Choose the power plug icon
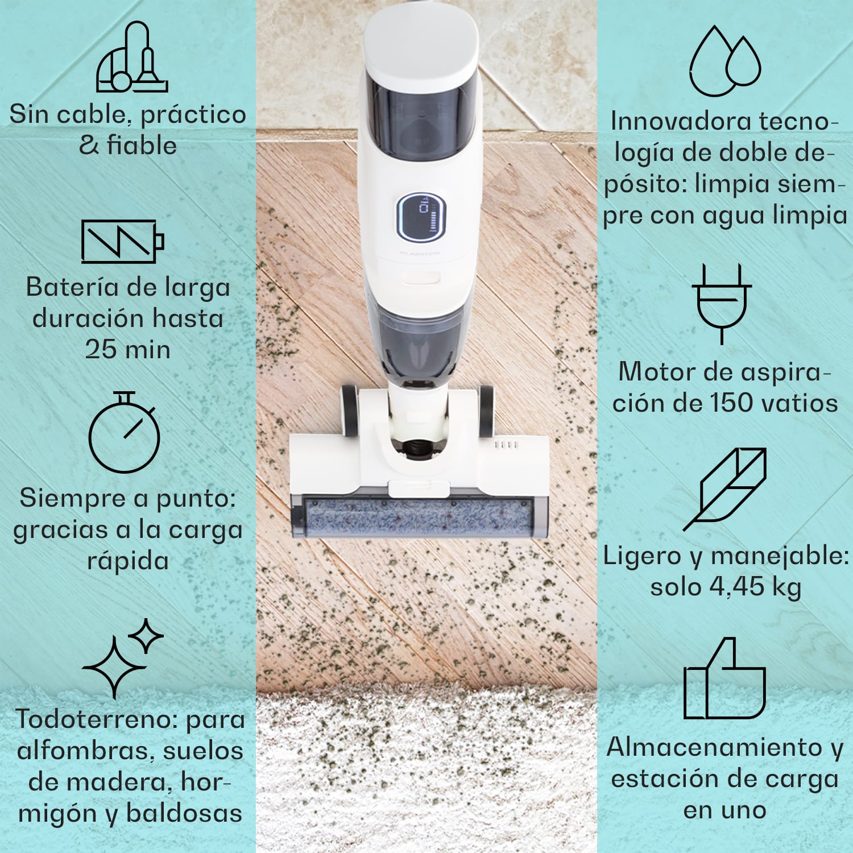(722, 302)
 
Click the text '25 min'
(128, 349)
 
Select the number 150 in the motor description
(732, 403)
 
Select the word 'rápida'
(128, 561)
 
